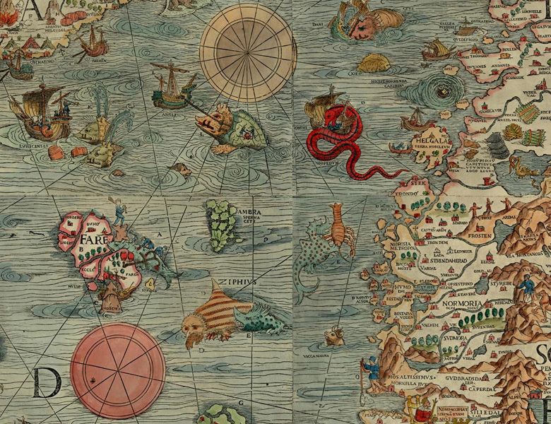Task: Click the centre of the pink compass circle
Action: pos(118,370)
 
